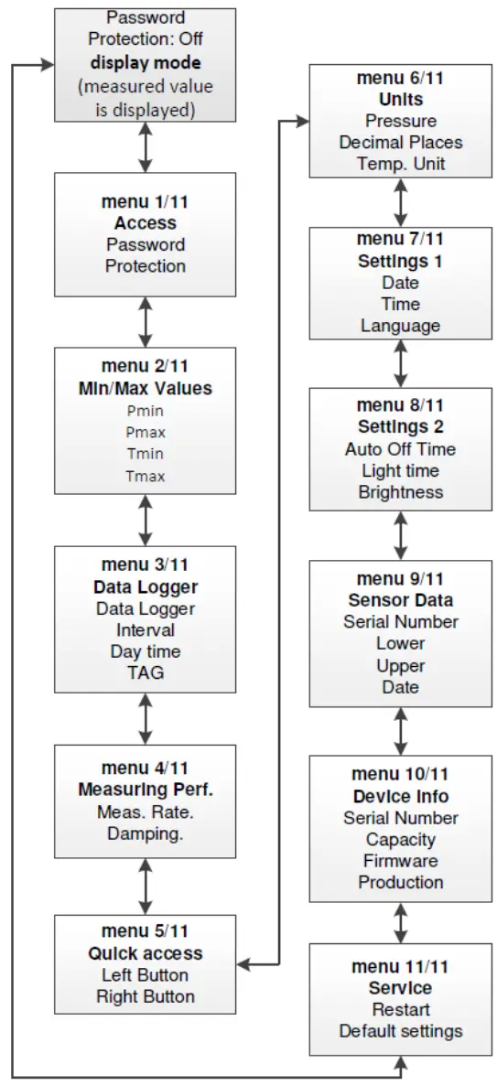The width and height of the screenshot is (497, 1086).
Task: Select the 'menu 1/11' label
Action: pyautogui.click(x=145, y=201)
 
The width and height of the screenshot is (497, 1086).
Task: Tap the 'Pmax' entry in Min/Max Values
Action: pyautogui.click(x=145, y=432)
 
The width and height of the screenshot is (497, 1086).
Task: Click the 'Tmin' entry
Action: pyautogui.click(x=145, y=454)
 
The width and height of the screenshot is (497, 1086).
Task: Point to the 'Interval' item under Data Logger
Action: pyautogui.click(x=145, y=629)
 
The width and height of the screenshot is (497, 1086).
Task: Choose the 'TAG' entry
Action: pyautogui.click(x=145, y=673)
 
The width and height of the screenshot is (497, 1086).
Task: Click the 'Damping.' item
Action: pyautogui.click(x=145, y=833)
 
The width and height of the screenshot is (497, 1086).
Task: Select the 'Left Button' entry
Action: pyautogui.click(x=145, y=974)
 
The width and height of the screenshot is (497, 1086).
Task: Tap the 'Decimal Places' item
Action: pyautogui.click(x=400, y=142)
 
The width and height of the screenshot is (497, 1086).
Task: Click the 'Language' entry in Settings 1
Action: pyautogui.click(x=400, y=326)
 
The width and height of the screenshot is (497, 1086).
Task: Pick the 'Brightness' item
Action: pyautogui.click(x=400, y=492)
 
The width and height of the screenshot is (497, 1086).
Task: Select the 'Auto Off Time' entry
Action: pyautogui.click(x=400, y=449)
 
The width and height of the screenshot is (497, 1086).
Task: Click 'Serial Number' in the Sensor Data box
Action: pyautogui.click(x=400, y=621)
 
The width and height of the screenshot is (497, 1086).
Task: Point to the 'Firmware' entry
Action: pyautogui.click(x=400, y=861)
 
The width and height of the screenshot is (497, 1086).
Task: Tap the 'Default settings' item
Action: pyautogui.click(x=400, y=1031)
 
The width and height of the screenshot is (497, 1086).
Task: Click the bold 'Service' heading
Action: pyautogui.click(x=400, y=988)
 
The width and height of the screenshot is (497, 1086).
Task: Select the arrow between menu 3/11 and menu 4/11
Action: pyautogui.click(x=145, y=717)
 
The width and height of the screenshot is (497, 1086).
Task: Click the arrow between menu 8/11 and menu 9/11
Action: pyautogui.click(x=400, y=535)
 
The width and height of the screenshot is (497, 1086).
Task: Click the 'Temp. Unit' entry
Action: pyautogui.click(x=400, y=164)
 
